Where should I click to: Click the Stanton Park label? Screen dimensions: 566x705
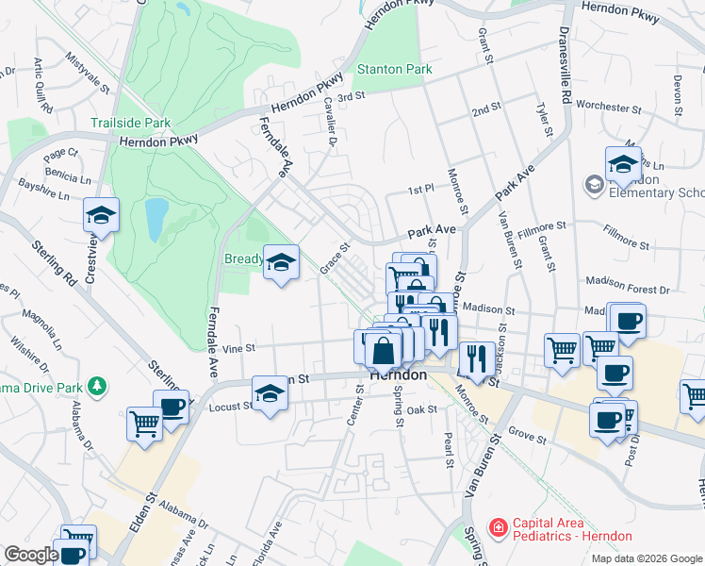tap(394, 69)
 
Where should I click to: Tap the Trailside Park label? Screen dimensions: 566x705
tap(130, 123)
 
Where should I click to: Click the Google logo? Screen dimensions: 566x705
tap(31, 555)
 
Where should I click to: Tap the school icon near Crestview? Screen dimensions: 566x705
tap(102, 216)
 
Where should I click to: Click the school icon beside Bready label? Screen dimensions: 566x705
tap(280, 263)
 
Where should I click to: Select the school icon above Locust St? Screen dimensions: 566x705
tap(271, 392)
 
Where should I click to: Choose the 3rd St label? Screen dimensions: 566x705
tap(351, 96)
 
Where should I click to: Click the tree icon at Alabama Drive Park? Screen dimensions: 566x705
tap(95, 386)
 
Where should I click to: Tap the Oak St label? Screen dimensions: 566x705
tap(422, 409)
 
